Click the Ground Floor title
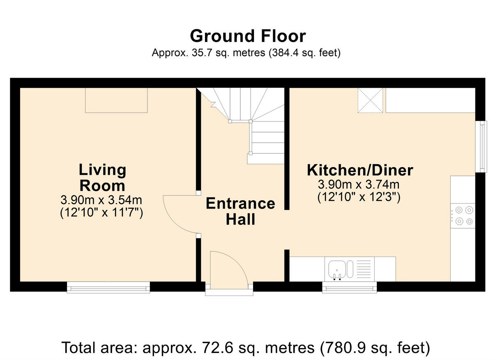click(248, 36)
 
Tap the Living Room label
click(102, 177)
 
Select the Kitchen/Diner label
click(360, 170)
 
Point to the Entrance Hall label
click(240, 211)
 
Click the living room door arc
click(179, 215)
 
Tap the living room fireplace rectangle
click(116, 100)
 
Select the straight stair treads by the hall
click(266, 142)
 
